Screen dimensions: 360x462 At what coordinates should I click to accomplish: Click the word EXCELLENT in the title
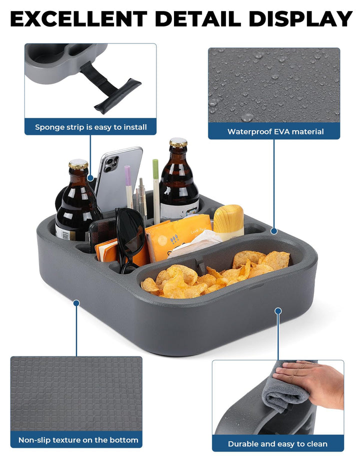pyautogui.click(x=78, y=19)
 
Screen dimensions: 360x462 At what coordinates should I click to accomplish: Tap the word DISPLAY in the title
pyautogui.click(x=300, y=19)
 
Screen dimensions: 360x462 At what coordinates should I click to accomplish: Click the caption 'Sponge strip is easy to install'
pyautogui.click(x=90, y=127)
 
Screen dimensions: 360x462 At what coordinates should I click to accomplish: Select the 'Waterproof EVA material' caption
pyautogui.click(x=275, y=131)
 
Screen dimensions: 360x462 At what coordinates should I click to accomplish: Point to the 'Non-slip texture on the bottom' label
pyautogui.click(x=78, y=440)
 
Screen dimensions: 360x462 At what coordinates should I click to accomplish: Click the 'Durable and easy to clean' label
pyautogui.click(x=277, y=443)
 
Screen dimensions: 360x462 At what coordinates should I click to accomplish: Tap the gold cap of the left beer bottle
pyautogui.click(x=78, y=164)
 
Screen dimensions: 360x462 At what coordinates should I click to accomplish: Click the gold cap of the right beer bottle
pyautogui.click(x=178, y=142)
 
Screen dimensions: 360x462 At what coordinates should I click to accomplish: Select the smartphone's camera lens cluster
pyautogui.click(x=111, y=164)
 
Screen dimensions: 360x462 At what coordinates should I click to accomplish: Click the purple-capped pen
pyautogui.click(x=128, y=187)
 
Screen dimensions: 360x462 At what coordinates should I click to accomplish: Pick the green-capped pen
pyautogui.click(x=156, y=191)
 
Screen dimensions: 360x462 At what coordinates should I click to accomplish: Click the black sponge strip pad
pyautogui.click(x=117, y=96)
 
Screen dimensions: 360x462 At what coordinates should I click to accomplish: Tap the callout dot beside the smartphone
pyautogui.click(x=90, y=178)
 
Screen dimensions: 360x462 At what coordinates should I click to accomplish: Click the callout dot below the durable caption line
pyautogui.click(x=278, y=311)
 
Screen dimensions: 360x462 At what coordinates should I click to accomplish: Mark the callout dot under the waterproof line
pyautogui.click(x=274, y=231)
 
